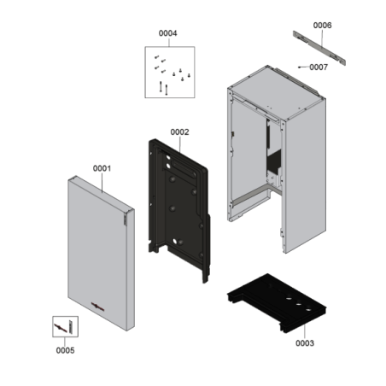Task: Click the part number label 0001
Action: click(102, 168)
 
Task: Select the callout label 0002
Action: click(179, 132)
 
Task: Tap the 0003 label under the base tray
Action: click(305, 343)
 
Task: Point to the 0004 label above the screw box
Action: click(168, 33)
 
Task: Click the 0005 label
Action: click(65, 350)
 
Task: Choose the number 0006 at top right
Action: click(322, 26)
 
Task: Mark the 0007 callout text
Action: click(319, 67)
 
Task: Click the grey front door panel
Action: click(101, 253)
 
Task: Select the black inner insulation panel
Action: click(179, 211)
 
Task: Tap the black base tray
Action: click(277, 303)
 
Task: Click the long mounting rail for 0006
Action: click(319, 48)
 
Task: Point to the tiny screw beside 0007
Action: click(300, 67)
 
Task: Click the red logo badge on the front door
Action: click(97, 307)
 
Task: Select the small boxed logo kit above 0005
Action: click(65, 326)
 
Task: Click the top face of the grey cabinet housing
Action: click(277, 92)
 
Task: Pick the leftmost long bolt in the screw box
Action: click(161, 86)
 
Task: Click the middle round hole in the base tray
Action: click(299, 305)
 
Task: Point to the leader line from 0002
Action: click(180, 144)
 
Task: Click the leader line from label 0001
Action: click(102, 182)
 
